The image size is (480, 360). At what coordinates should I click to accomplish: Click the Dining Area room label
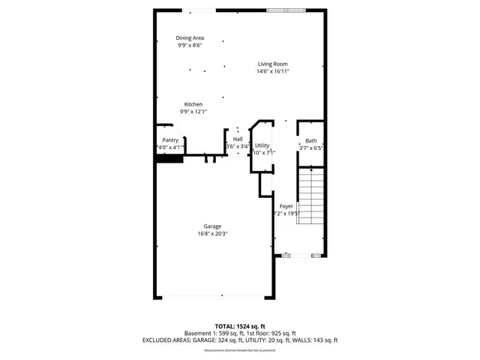pos(190,37)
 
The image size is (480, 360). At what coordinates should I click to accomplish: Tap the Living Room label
pos(274,64)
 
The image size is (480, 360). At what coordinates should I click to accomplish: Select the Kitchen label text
pos(193,104)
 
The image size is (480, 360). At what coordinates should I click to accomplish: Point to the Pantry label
pos(170,140)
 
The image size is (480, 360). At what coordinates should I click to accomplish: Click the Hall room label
pos(238,139)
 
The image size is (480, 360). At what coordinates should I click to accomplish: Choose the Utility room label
pos(262,145)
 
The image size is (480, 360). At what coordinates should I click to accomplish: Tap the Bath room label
pos(310,141)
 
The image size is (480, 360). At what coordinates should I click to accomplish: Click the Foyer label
pos(286,205)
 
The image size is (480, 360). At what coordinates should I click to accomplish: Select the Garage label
pos(212,226)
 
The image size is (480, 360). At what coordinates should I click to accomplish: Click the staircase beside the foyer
pos(310,196)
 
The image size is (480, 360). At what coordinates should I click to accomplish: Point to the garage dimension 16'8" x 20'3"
pos(212,233)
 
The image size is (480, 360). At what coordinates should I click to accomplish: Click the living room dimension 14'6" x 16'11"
pos(274,71)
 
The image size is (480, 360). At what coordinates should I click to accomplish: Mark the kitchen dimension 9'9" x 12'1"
pos(193,112)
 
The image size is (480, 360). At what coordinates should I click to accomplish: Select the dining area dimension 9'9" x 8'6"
pos(190,45)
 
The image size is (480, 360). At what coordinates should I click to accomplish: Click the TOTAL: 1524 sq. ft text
pos(240,326)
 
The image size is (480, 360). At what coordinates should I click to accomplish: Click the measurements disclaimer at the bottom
pos(240,349)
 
